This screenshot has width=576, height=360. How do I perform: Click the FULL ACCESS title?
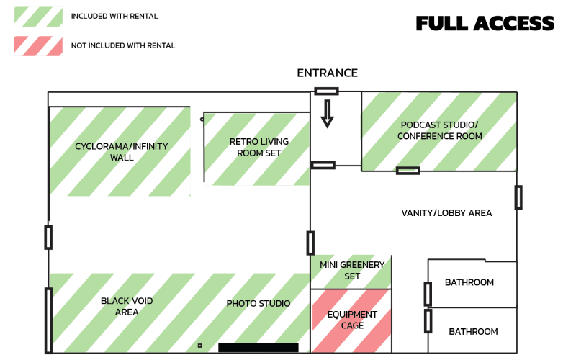pyautogui.click(x=485, y=23)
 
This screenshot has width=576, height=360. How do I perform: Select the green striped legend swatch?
pyautogui.click(x=37, y=16)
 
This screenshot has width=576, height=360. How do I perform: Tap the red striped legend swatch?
pyautogui.click(x=37, y=45)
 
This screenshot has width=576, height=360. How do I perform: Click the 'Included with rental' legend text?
pyautogui.click(x=114, y=16)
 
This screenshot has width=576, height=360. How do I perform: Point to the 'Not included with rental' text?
pyautogui.click(x=123, y=45)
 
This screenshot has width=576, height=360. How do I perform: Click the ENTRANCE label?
pyautogui.click(x=327, y=73)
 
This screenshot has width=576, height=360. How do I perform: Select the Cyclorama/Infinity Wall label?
pyautogui.click(x=121, y=152)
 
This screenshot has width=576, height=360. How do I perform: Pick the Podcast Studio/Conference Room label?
pyautogui.click(x=439, y=130)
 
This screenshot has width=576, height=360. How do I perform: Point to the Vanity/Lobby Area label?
pyautogui.click(x=446, y=213)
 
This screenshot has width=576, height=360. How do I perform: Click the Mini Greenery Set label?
pyautogui.click(x=352, y=271)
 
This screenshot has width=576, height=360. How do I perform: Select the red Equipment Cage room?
pyautogui.click(x=351, y=320)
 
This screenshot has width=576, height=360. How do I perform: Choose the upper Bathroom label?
pyautogui.click(x=469, y=283)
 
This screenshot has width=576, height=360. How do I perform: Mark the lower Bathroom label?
pyautogui.click(x=473, y=332)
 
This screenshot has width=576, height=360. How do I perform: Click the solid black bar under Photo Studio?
pyautogui.click(x=258, y=348)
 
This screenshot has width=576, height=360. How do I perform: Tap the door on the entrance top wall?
pyautogui.click(x=326, y=91)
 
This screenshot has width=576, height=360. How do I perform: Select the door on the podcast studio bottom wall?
pyautogui.click(x=408, y=171)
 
